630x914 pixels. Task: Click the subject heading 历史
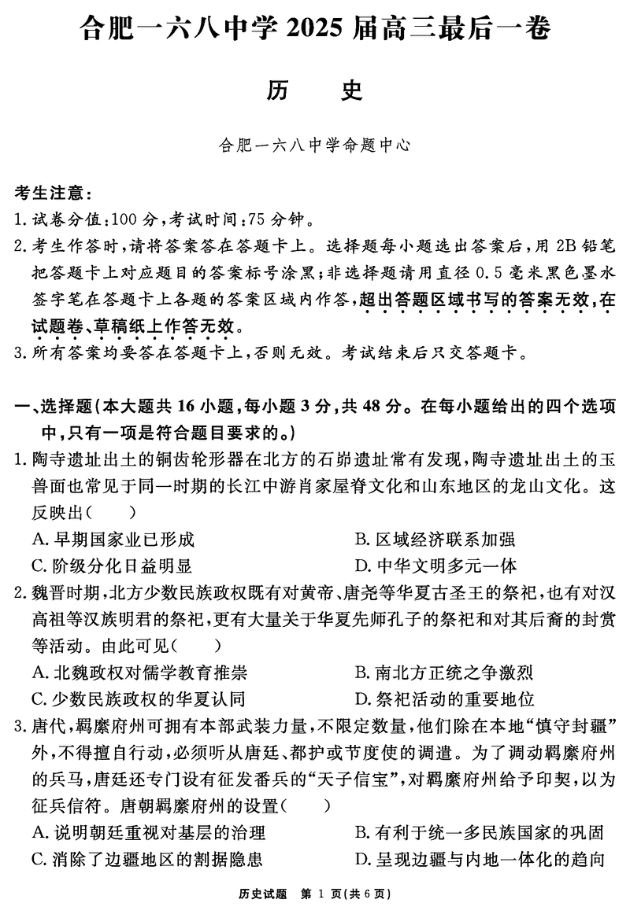[314, 91]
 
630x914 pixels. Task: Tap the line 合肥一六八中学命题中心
[314, 146]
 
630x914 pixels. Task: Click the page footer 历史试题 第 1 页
[314, 894]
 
